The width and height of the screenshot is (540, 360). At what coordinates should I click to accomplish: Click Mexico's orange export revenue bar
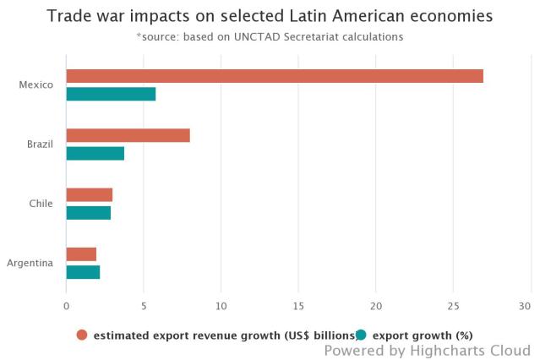(275, 76)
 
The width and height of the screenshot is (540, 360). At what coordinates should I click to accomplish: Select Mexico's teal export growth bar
(111, 94)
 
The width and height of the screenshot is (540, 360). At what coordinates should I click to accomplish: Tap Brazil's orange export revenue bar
(128, 135)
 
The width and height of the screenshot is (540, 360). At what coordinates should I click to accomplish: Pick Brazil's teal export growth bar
(95, 153)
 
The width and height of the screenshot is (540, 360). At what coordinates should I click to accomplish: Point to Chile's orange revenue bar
(89, 195)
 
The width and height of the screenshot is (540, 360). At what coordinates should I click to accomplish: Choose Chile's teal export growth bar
(88, 212)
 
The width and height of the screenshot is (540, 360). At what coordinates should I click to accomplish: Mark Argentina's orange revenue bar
(81, 254)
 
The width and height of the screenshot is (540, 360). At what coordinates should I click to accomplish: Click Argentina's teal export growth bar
(83, 271)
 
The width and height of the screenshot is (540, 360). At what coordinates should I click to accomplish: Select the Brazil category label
(40, 145)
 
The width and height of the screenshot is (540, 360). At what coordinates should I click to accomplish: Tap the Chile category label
(41, 204)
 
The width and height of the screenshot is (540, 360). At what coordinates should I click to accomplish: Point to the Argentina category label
(30, 263)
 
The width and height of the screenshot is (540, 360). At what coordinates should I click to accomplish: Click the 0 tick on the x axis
(67, 305)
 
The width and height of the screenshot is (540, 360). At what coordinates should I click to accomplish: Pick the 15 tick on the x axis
(298, 305)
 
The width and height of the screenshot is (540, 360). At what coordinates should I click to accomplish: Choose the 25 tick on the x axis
(453, 305)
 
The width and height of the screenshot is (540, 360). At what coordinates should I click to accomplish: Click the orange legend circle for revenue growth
(82, 334)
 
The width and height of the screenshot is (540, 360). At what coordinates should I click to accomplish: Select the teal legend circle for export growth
(360, 334)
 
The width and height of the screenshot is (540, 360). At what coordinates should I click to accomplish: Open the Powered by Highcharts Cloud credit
(427, 350)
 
